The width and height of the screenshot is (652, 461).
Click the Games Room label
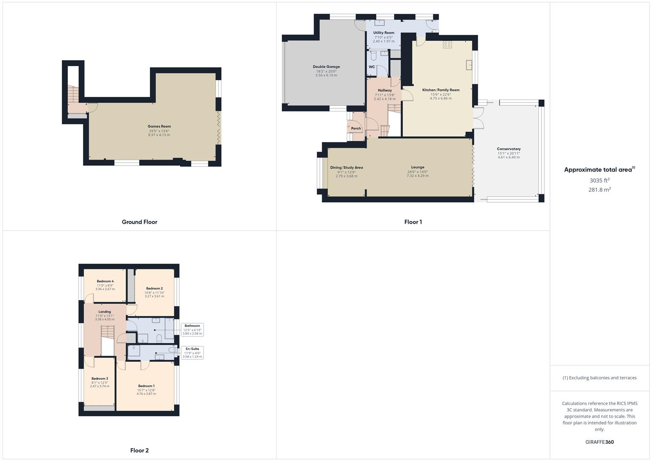coord(159,126)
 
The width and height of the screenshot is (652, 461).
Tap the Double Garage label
coord(326,67)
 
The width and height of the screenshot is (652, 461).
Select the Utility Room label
coord(383,33)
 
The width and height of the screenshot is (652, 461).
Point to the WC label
coord(371,67)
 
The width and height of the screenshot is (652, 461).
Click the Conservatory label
coord(509,149)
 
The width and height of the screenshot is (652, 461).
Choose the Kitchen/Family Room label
coord(441,90)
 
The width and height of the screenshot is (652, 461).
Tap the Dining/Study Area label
coord(346,168)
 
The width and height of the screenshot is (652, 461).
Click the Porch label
coord(356,128)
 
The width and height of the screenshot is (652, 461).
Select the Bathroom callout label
coord(192,326)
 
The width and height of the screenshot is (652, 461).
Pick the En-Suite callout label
coord(192,349)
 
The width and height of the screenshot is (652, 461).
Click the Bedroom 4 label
coord(105,281)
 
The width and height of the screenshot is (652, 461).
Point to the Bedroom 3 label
coord(99,379)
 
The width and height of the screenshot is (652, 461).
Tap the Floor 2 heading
coord(140,450)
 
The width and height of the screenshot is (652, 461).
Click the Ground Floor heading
coord(140,222)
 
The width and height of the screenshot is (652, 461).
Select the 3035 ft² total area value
coord(599,181)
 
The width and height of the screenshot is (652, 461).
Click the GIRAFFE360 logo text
coord(599,442)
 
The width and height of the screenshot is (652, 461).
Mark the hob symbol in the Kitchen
coord(447,44)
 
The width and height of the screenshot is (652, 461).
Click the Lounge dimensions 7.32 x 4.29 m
coord(418,176)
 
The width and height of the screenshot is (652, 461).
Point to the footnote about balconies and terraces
coord(599,378)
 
